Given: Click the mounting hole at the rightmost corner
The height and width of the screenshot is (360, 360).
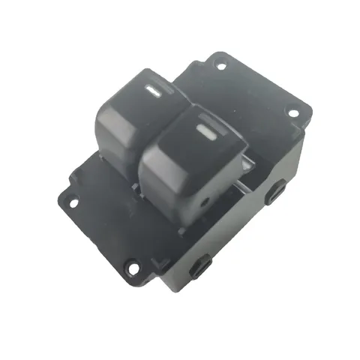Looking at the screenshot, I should point(293,113).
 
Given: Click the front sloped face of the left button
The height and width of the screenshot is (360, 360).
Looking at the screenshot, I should point(112,142).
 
